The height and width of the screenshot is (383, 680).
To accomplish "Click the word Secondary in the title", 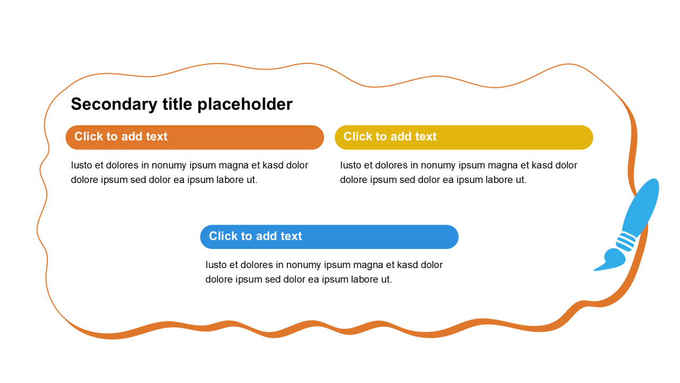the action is tap(114, 104).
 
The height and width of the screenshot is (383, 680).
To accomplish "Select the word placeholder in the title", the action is tap(245, 104).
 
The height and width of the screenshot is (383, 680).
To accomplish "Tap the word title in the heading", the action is tap(177, 104).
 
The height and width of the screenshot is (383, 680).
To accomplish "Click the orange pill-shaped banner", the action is tap(194, 137).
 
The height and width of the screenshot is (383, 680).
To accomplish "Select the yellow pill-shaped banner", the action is tap(464, 137).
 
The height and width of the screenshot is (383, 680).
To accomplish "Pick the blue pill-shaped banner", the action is tap(329, 237).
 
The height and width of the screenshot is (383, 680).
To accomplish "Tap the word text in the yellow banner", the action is tap(426, 137).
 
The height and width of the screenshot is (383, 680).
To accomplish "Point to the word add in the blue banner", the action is tap(266, 236).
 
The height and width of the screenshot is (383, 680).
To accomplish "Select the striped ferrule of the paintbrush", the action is tap(626, 242).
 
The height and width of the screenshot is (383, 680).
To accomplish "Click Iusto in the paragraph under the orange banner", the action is tap(81, 165).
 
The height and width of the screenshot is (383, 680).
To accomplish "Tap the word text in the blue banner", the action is tap(291, 236).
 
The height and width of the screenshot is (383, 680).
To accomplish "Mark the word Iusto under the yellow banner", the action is tap(350, 165).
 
